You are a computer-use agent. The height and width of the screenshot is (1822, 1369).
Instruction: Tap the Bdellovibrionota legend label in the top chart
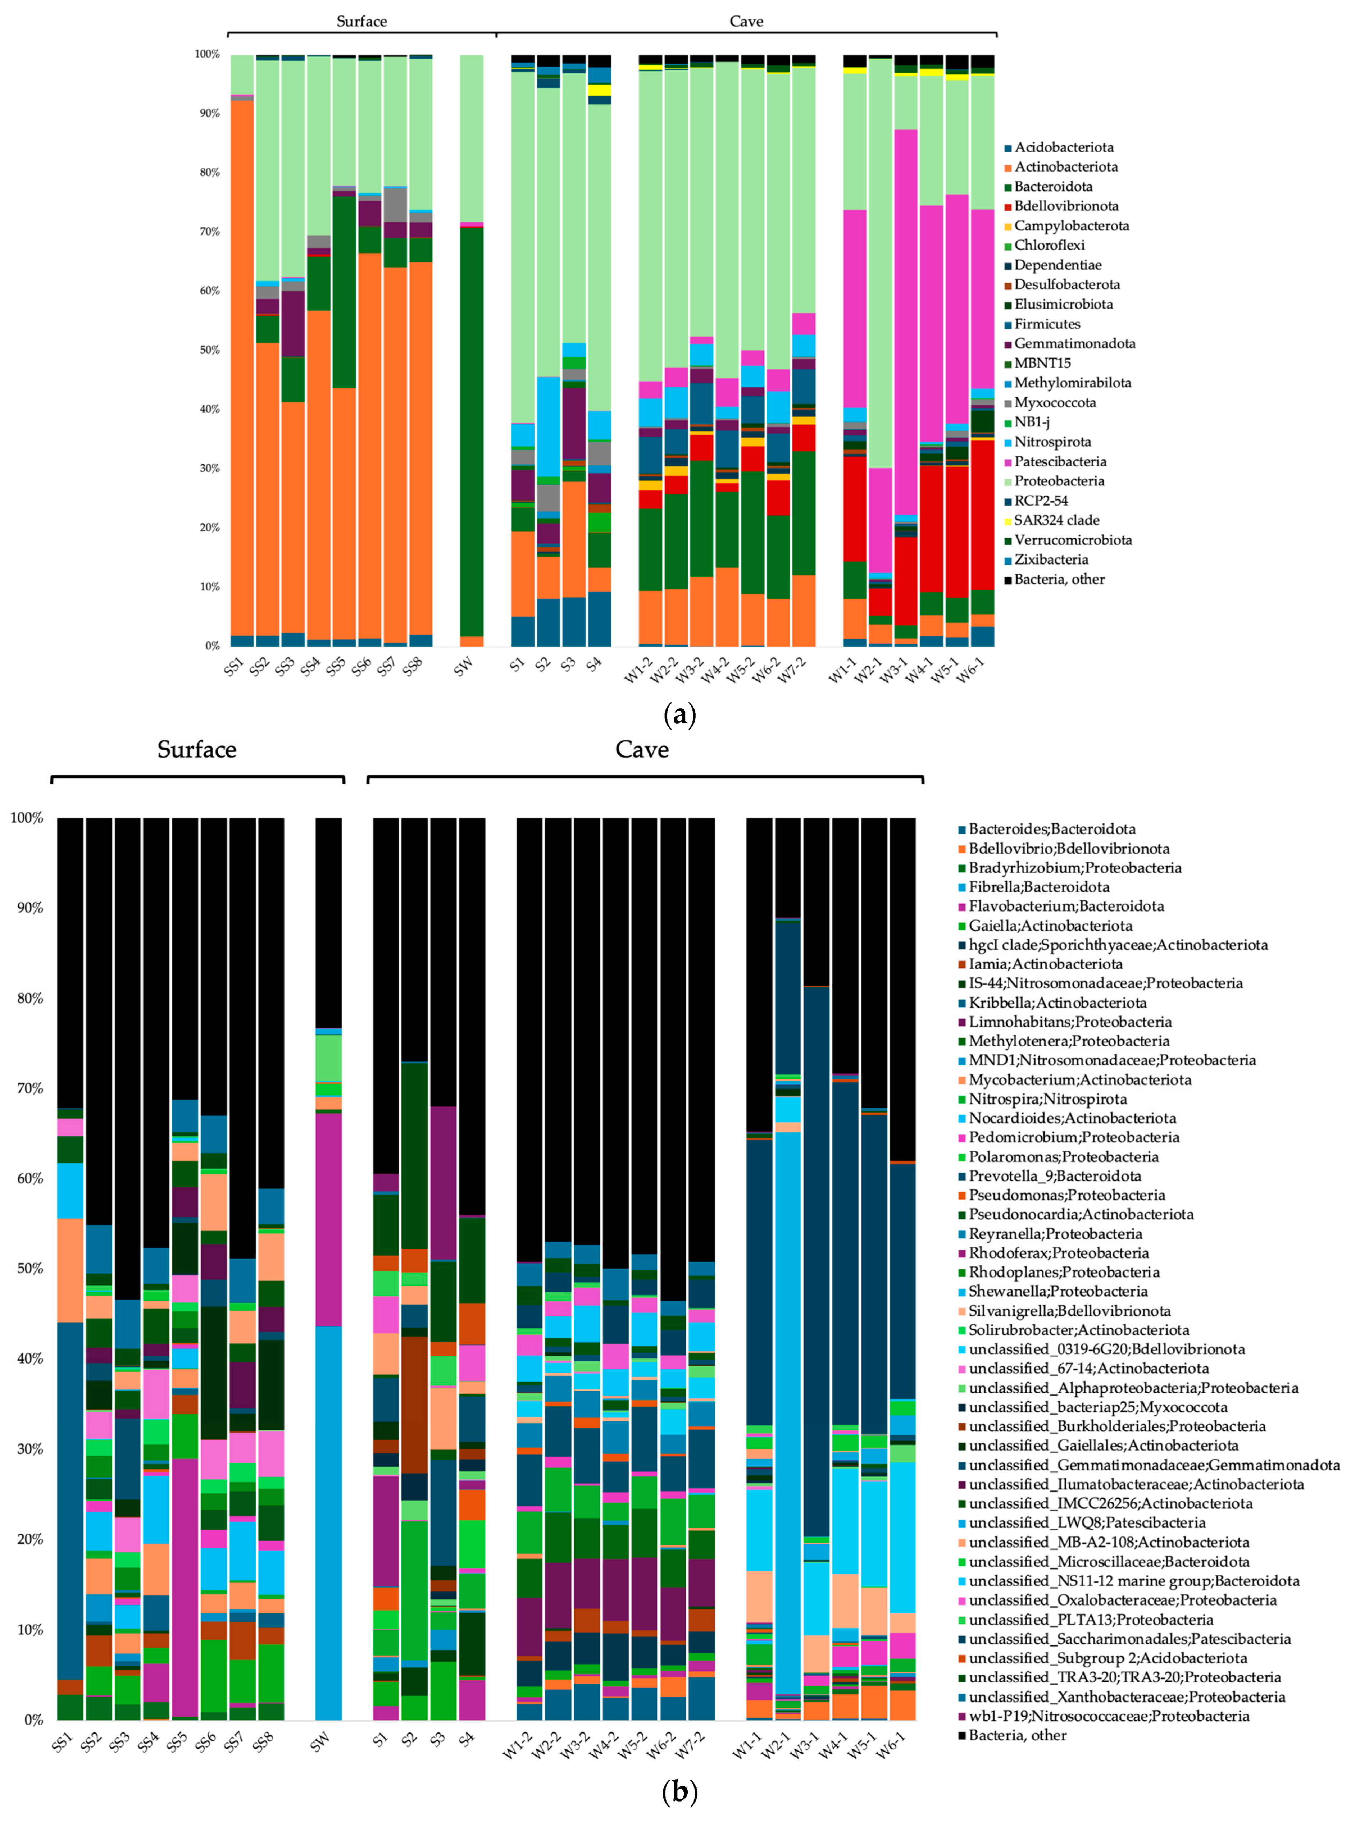coord(1066,206)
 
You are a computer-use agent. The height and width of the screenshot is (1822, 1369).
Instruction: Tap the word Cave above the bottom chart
coord(642,750)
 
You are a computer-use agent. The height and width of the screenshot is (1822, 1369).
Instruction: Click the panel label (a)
coord(679,714)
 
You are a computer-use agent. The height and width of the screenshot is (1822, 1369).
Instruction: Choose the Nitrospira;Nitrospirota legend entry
coord(1047,1099)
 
